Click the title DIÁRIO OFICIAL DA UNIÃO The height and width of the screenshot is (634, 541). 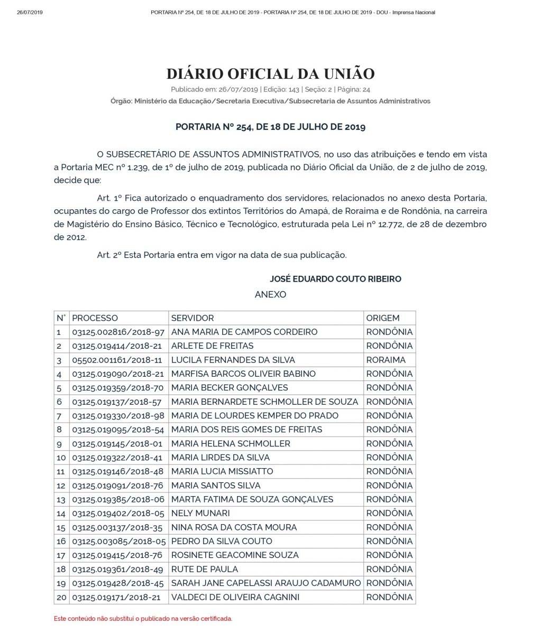(270, 73)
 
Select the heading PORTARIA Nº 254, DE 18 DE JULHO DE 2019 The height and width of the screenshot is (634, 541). (270, 127)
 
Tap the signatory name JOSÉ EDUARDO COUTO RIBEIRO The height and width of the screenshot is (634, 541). (335, 279)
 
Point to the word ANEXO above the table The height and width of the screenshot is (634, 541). (270, 294)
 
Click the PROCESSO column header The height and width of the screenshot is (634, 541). (95, 318)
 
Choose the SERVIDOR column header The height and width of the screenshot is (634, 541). (192, 318)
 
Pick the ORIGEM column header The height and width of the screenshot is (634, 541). (383, 318)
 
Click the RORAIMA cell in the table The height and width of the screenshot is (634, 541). (386, 360)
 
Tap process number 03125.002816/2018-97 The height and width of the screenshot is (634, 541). (118, 332)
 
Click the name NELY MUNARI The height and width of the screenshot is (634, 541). (200, 513)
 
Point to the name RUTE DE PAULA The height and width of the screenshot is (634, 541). (205, 569)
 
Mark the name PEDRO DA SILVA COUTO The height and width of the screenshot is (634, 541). (222, 541)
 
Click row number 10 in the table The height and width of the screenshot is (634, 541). (61, 458)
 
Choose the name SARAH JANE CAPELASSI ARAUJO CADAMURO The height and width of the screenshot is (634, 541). (266, 583)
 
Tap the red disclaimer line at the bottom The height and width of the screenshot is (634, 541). (143, 618)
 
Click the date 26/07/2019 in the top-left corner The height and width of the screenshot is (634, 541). (30, 12)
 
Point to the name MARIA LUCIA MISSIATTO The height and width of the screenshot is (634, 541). (222, 471)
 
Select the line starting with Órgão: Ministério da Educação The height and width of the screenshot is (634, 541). (270, 101)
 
